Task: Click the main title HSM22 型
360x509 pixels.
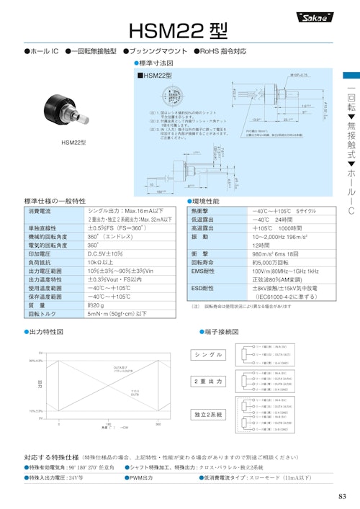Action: coord(177,30)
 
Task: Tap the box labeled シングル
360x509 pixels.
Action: coord(209,355)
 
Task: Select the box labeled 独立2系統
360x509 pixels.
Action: coord(209,415)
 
